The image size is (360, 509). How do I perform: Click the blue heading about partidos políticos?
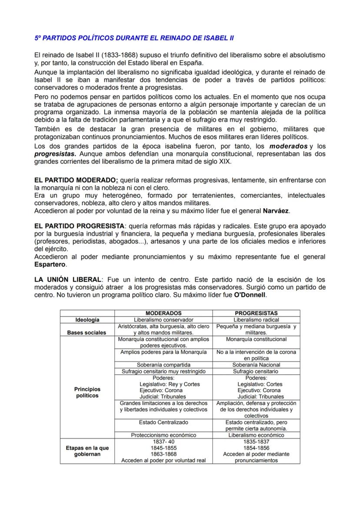point(134,38)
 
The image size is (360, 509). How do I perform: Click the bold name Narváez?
point(276,211)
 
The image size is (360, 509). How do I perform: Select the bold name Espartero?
point(50,264)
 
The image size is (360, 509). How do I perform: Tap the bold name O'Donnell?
point(250,295)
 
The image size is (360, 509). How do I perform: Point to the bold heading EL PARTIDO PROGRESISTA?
point(80,226)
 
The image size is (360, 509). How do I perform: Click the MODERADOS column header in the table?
point(163,313)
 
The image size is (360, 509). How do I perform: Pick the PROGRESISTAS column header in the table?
point(256,313)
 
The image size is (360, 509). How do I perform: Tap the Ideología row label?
point(87,319)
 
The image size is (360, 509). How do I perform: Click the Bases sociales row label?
point(87,333)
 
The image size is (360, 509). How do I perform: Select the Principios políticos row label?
point(87,393)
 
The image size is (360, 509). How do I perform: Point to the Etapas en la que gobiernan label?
point(87,451)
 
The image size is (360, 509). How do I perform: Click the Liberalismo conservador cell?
point(163,319)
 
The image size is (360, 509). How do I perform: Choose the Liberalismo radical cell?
point(256,319)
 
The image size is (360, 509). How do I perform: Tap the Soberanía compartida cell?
point(163,365)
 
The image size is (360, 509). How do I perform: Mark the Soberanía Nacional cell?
point(256,365)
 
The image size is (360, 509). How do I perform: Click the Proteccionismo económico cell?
point(163,435)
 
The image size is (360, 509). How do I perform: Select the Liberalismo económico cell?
point(256,435)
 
